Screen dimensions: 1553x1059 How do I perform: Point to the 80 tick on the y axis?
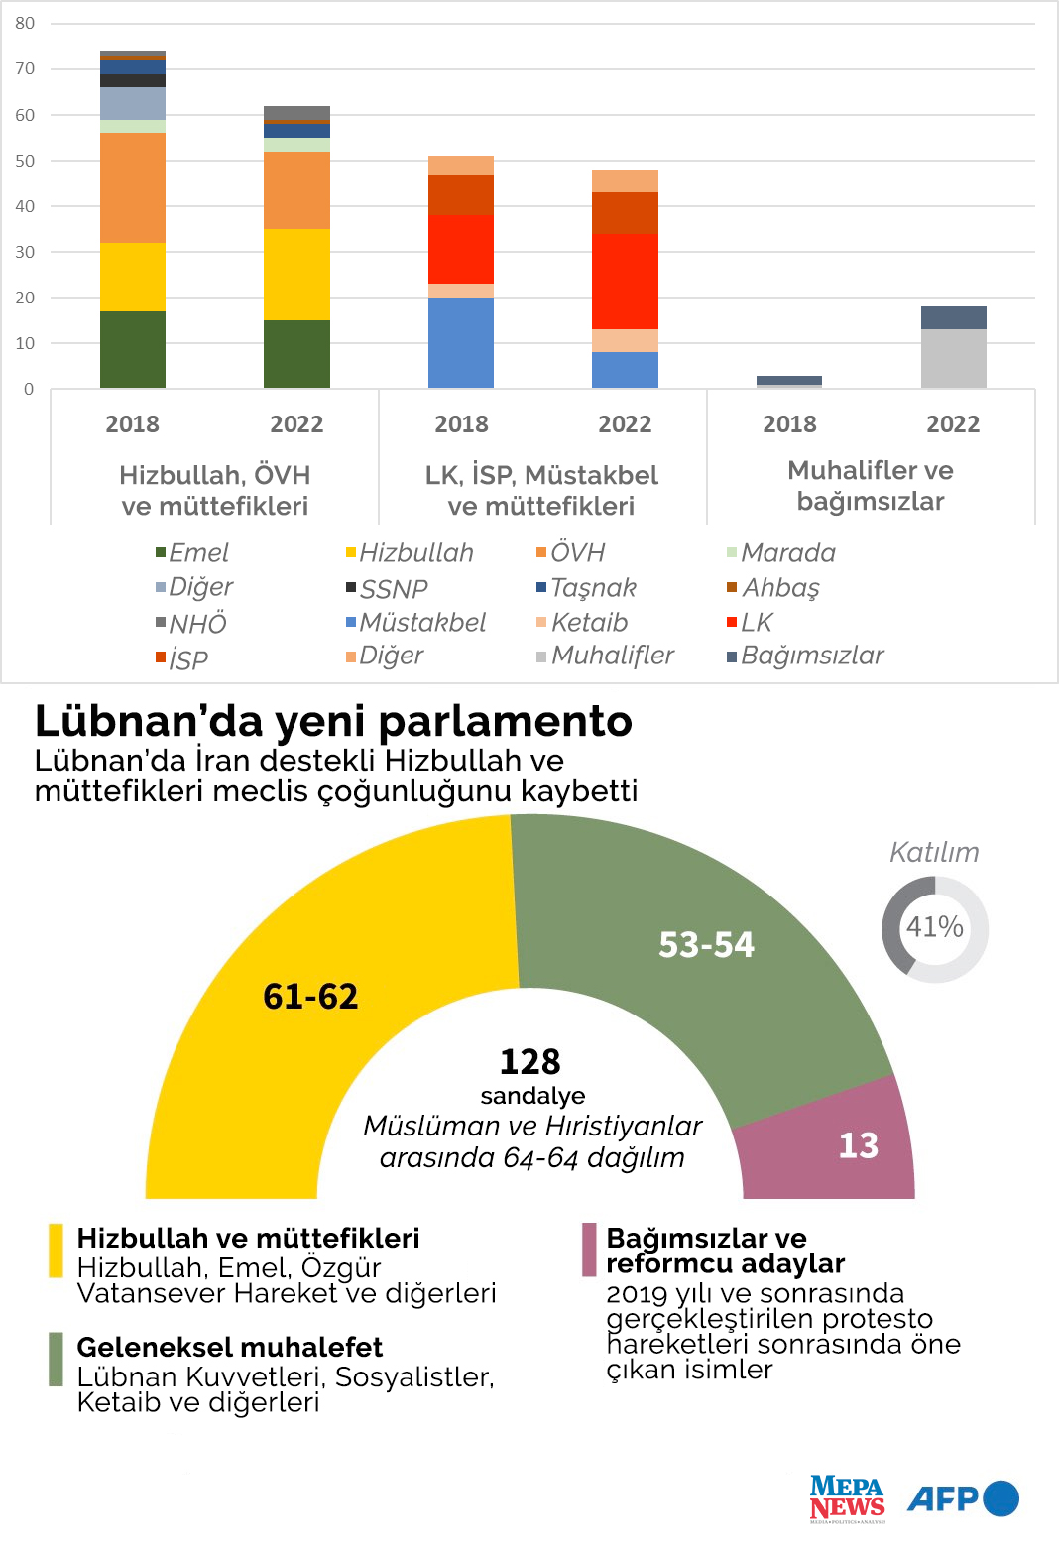tap(25, 23)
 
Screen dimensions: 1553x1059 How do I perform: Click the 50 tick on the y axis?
tap(25, 161)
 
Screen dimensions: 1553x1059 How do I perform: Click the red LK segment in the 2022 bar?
tap(625, 281)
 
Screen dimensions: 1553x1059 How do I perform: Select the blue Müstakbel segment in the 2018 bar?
tap(461, 342)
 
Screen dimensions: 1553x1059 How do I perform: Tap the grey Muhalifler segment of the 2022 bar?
tap(953, 358)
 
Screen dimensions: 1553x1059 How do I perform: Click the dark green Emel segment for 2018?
tap(133, 349)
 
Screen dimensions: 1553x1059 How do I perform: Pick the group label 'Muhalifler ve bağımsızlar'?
tap(871, 486)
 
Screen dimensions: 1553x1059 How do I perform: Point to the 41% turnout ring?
tap(935, 928)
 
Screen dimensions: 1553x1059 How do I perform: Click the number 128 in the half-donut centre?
tap(530, 1062)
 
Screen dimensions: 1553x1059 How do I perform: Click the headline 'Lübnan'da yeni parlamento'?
tap(333, 721)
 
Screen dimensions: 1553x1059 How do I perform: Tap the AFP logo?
tap(963, 1498)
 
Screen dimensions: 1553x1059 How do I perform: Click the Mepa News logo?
tap(847, 1498)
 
